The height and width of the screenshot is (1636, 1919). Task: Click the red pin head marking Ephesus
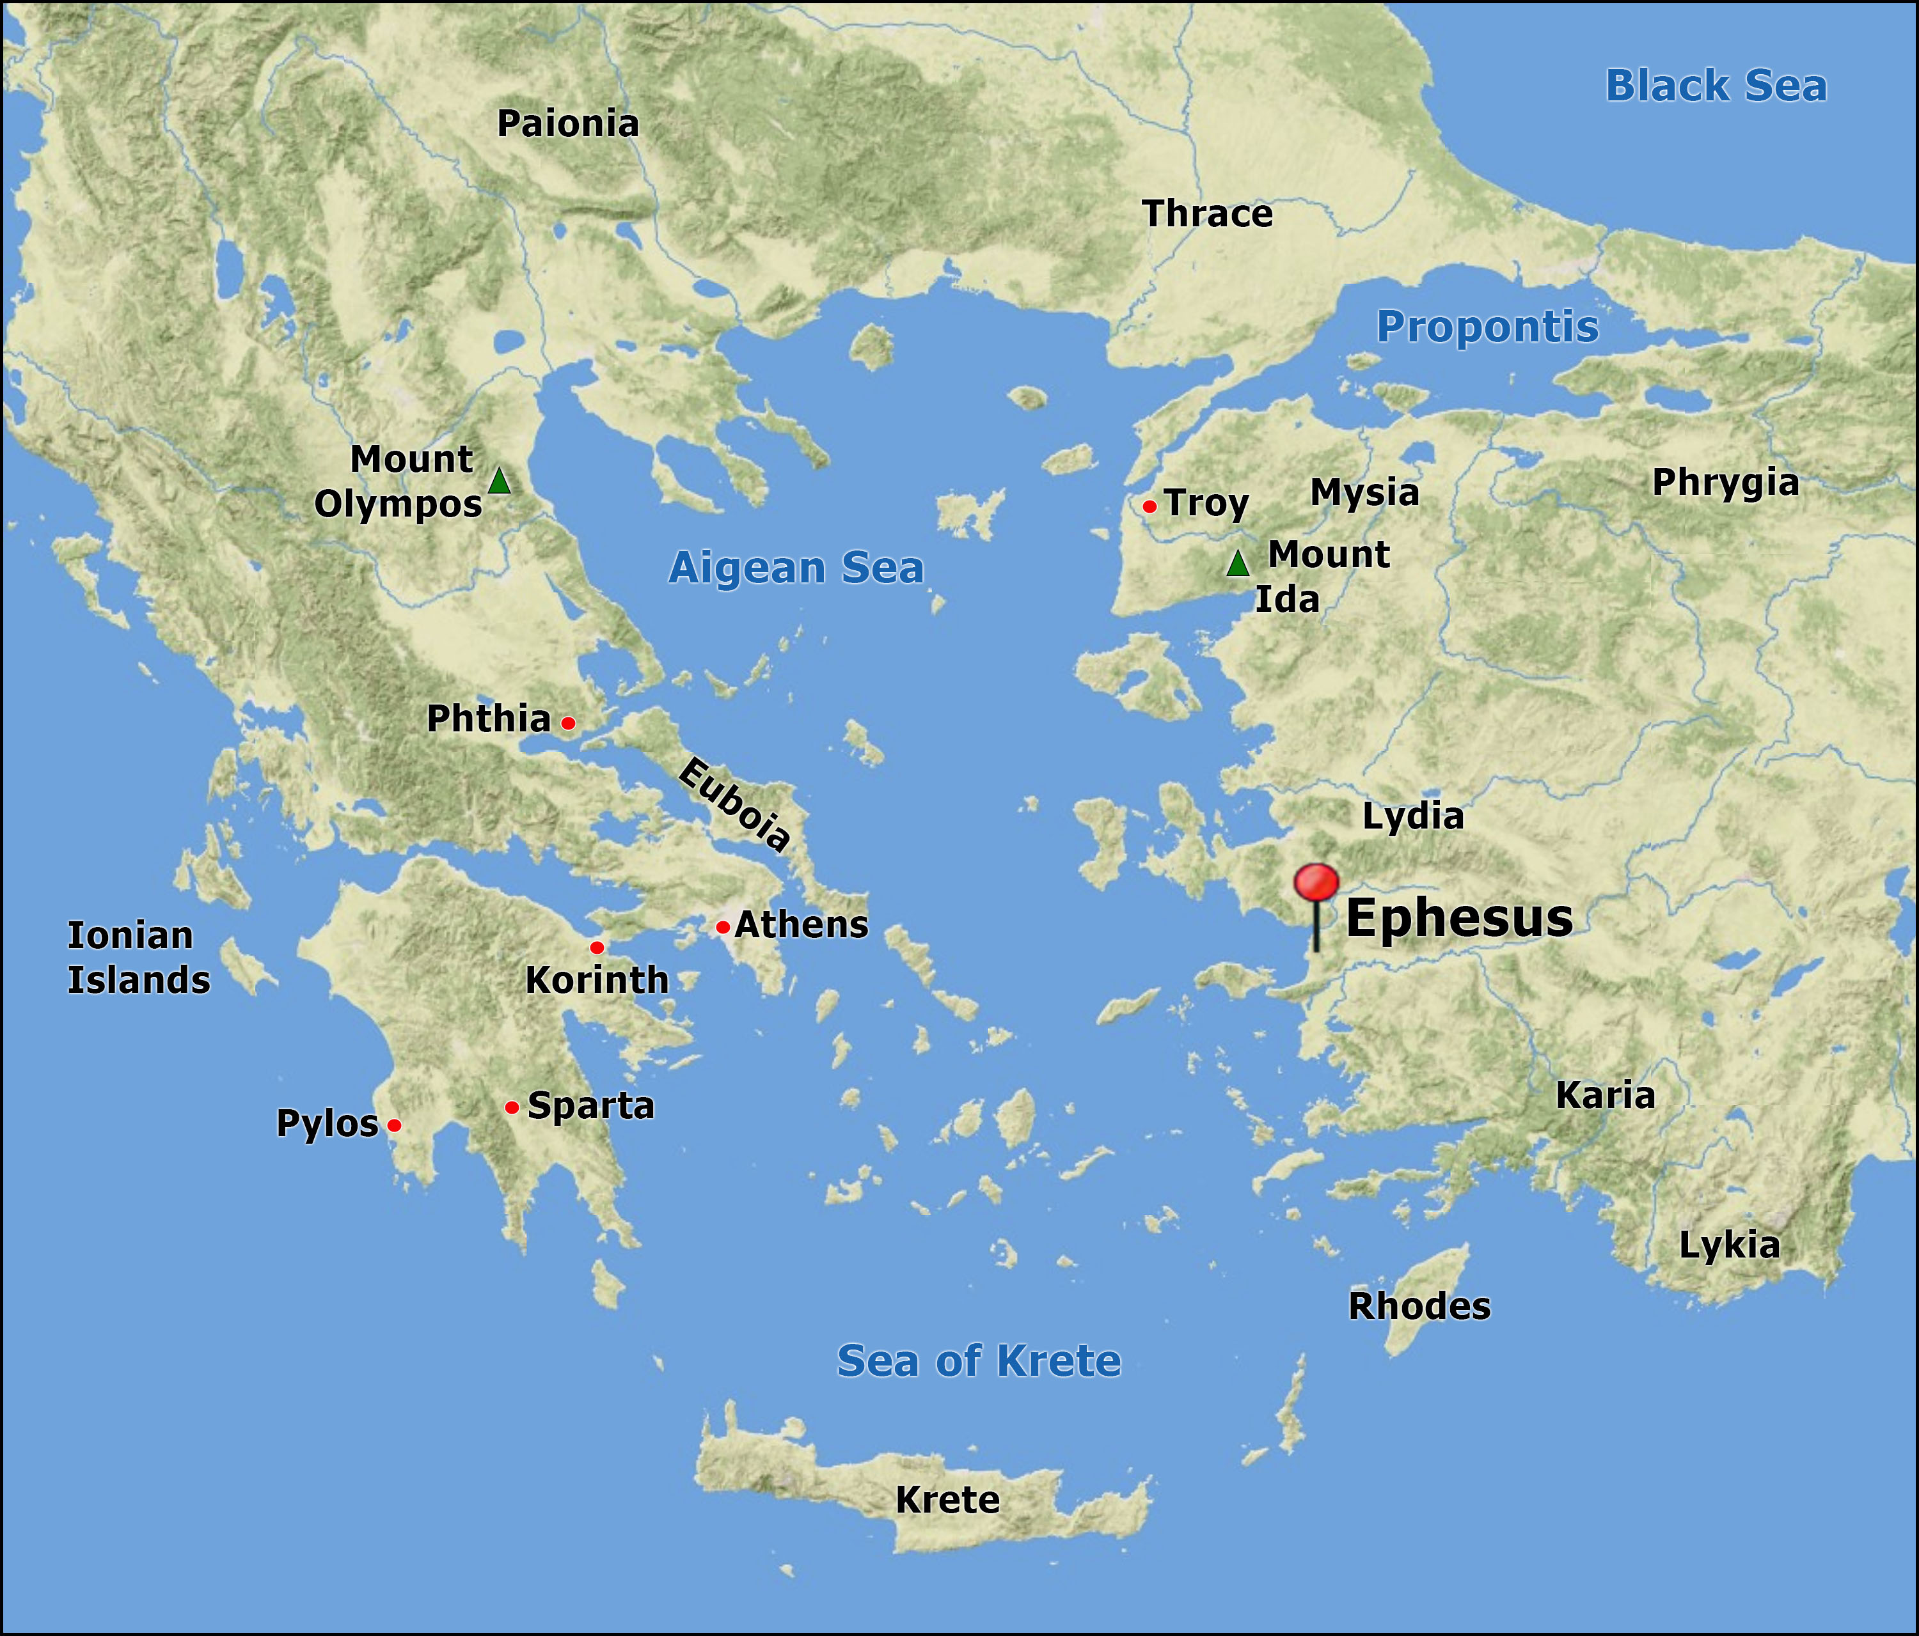coord(1316,882)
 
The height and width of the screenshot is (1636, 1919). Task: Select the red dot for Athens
coord(722,927)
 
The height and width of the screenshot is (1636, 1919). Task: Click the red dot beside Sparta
coord(511,1107)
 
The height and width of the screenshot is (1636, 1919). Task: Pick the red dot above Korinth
coord(596,947)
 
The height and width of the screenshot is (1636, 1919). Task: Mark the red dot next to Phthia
coord(569,723)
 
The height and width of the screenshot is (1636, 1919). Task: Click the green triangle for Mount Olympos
coord(499,481)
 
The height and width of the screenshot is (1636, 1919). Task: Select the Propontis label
coord(1487,327)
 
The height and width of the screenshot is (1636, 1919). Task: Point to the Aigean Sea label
coord(796,568)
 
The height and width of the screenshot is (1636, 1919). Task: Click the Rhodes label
coord(1419,1306)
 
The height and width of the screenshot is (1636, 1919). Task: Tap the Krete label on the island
coord(947,1500)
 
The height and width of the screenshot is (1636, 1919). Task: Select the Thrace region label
coord(1207,214)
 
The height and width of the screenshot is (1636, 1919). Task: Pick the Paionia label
coord(568,124)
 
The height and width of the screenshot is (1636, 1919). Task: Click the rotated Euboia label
coord(734,804)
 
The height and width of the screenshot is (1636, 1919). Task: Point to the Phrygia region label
coord(1725,483)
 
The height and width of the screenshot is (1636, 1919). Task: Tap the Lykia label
coord(1729,1245)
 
